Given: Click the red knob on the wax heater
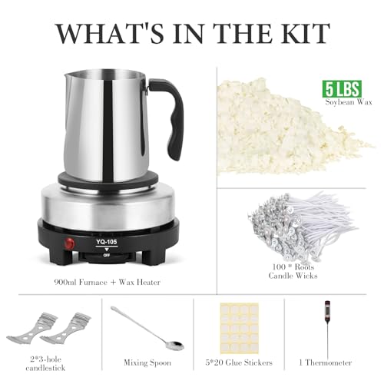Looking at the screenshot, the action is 69,243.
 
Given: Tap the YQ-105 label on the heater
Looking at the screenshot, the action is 107,242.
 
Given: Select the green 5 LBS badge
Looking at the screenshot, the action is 342,89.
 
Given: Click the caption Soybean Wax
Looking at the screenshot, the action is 349,102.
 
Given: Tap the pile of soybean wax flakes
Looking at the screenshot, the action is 286,128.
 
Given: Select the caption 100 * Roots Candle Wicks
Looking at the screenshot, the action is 293,271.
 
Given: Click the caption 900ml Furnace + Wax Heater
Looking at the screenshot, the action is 108,282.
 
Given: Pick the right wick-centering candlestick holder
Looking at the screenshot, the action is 66,329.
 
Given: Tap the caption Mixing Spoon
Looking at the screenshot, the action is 147,362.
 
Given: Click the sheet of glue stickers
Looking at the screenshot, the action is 240,327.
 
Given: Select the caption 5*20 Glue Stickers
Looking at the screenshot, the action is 239,362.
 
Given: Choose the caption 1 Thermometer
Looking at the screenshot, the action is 325,362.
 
